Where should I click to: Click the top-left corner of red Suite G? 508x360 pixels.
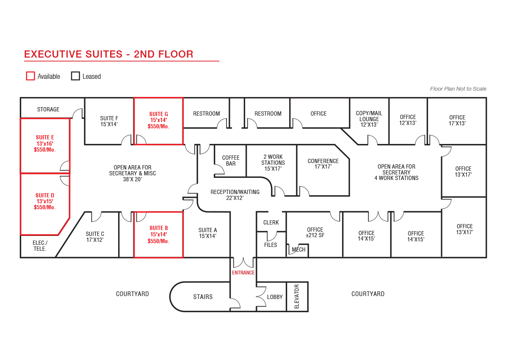coord(134,98)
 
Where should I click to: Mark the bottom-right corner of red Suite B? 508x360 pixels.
coord(183,258)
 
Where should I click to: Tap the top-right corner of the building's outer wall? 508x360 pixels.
coord(486,98)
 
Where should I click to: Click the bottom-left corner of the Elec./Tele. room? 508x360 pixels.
coord(21,258)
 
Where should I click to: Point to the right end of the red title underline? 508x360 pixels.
coord(219,61)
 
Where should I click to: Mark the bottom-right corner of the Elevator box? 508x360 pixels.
coord(308,311)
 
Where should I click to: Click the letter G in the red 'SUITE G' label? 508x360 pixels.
coord(166,114)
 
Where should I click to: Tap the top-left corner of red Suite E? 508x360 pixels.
coord(21,119)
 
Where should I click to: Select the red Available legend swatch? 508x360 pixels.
coord(30,76)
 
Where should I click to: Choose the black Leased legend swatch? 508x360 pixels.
coord(75,76)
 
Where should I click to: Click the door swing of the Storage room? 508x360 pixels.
coord(78,113)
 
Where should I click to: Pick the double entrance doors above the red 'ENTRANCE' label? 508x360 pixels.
coord(243,263)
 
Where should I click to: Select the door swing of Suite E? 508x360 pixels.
coord(65,166)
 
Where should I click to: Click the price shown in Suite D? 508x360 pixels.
coord(45,208)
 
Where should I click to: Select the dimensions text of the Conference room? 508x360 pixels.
coord(323,167)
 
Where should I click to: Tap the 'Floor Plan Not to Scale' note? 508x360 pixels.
coord(458,89)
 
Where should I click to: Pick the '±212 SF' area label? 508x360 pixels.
coord(315,235)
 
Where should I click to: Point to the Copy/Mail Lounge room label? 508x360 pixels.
coord(369,119)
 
